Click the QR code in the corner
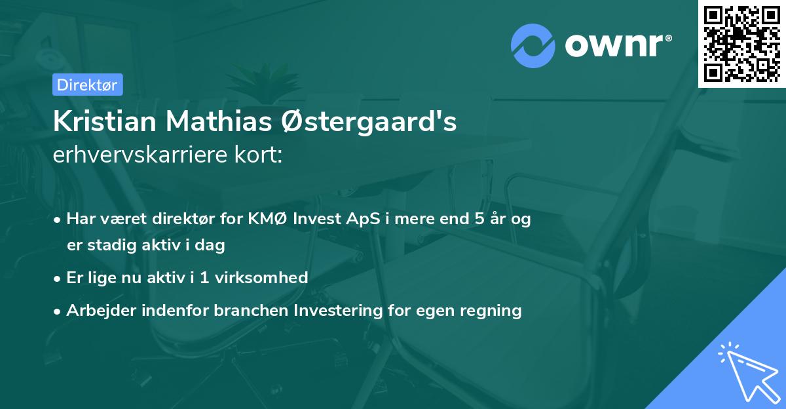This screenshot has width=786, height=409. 742,44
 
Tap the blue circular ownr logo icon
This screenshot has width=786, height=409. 533,46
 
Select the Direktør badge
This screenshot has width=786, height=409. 87,85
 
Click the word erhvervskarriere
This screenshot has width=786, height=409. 136,156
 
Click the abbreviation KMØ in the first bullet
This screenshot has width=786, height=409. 263,219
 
